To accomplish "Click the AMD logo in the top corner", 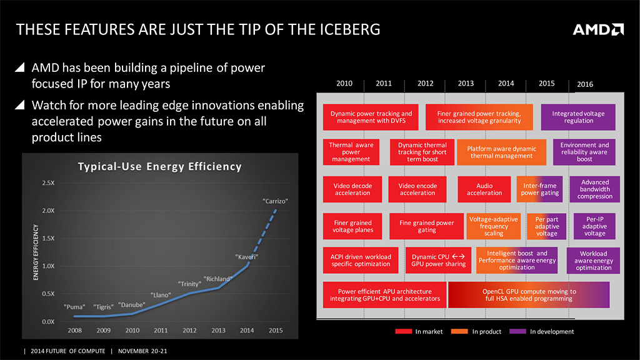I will [x=598, y=29].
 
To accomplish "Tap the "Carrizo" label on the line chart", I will [x=275, y=201].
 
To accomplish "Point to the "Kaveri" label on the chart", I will [x=247, y=257].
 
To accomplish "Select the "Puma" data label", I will [x=74, y=307].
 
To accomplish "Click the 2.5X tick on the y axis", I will [x=47, y=183].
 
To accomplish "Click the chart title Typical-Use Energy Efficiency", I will [x=159, y=167].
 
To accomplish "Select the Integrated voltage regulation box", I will [x=578, y=117].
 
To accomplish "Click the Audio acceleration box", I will [x=484, y=189].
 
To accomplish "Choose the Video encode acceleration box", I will [x=417, y=189].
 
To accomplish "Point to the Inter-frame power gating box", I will [x=541, y=189].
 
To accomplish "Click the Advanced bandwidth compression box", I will [x=594, y=189].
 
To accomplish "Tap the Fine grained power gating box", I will [x=426, y=226].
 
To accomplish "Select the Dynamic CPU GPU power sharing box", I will [x=438, y=260].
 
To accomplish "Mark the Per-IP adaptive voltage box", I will [x=594, y=226].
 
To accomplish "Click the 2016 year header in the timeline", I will [x=585, y=84].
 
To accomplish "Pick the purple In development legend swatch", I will [x=518, y=331].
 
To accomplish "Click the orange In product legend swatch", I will [x=460, y=331].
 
